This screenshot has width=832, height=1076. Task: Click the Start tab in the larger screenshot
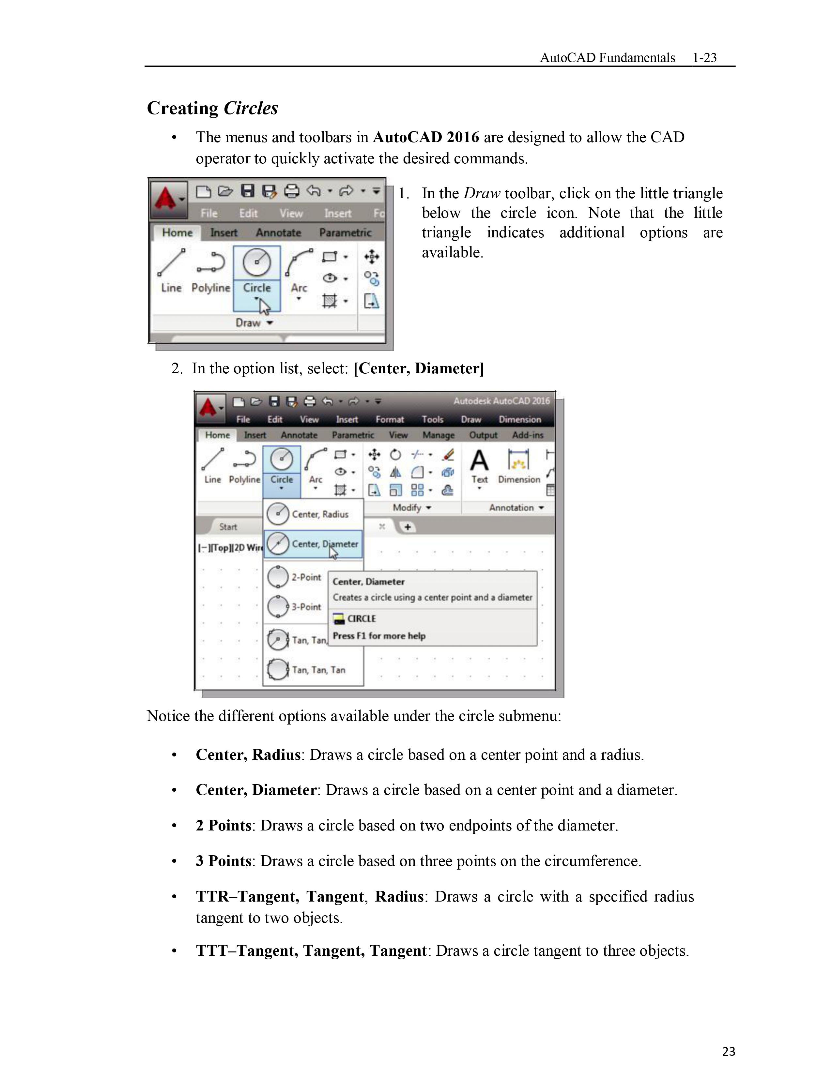(x=228, y=527)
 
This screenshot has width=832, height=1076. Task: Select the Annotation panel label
(x=511, y=507)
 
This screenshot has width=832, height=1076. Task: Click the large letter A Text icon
(x=479, y=461)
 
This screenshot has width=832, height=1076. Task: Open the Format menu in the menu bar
(x=389, y=419)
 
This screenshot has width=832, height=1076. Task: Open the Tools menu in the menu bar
(x=432, y=419)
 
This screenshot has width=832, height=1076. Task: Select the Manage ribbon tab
(x=438, y=435)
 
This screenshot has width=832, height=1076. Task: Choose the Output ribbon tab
(x=483, y=435)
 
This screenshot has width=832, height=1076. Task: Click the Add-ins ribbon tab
(x=527, y=435)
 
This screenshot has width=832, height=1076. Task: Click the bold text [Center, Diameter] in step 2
(x=419, y=368)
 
